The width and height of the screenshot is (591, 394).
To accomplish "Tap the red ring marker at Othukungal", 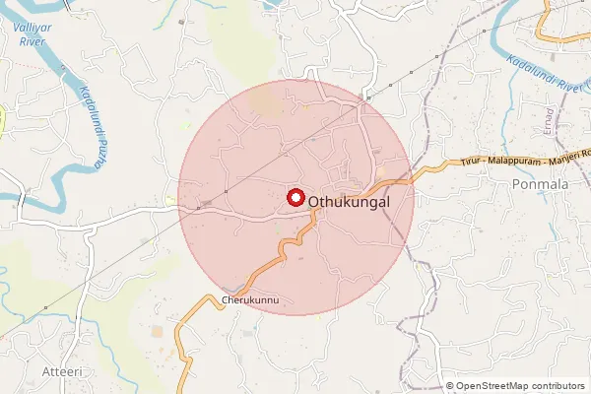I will (x=295, y=197).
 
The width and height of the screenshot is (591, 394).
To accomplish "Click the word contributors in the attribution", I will (x=556, y=386).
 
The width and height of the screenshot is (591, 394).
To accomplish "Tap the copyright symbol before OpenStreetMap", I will (x=450, y=386).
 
